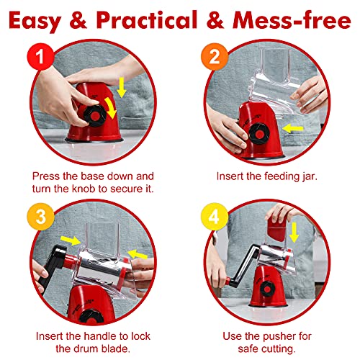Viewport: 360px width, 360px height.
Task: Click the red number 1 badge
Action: point(40,57)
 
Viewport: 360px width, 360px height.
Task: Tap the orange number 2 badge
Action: point(215,57)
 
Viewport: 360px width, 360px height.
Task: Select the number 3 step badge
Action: point(40,217)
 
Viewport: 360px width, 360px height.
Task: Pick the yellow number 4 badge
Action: point(215,217)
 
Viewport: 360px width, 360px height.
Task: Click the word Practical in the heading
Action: point(147,20)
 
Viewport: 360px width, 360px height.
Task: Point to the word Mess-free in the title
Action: point(292,20)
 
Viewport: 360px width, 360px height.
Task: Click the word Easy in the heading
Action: point(35,21)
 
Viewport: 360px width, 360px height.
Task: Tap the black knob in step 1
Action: point(95,116)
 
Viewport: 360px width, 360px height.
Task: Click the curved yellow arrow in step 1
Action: point(111,107)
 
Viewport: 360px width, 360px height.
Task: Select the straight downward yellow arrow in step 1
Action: point(122,87)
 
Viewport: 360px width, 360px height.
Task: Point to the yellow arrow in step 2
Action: point(293,128)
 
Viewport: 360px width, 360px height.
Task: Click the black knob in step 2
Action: point(258,134)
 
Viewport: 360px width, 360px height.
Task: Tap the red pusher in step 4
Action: point(276,229)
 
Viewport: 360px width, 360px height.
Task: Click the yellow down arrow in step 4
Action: point(294,233)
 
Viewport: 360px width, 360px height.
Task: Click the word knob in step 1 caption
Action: point(84,189)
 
